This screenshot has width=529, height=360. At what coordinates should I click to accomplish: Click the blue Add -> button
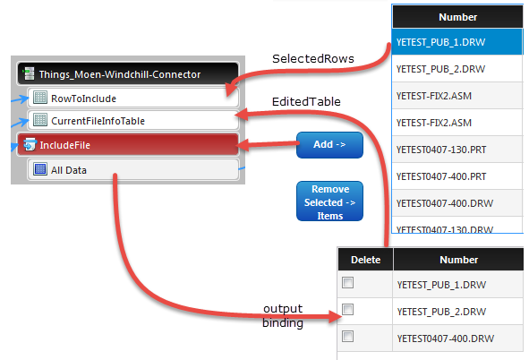pos(329,145)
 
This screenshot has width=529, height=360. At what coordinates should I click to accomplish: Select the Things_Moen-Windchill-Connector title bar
pos(128,73)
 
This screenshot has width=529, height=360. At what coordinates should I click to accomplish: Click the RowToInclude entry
pos(133,99)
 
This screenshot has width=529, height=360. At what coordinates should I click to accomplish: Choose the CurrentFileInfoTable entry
pos(133,121)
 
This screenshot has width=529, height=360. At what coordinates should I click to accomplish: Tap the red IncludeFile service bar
pos(128,145)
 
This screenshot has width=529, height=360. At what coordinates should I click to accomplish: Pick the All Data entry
pos(133,169)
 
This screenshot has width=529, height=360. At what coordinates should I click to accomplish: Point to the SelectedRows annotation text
pos(313,59)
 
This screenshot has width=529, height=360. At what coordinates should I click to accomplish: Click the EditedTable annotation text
pos(306,101)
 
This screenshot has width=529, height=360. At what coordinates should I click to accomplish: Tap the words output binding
pos(283,316)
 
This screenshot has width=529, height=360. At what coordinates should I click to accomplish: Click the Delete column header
pos(365,260)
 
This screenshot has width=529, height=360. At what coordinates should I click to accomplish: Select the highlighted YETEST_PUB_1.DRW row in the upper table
pos(457,42)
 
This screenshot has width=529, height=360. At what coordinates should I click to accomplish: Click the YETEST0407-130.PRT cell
pos(457,150)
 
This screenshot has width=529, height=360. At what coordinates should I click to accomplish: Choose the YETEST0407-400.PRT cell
pos(457,176)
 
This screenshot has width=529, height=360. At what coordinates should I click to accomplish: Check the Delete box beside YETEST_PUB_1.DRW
pos(347,282)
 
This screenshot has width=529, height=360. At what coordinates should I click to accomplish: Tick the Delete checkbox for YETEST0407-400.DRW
pos(347,337)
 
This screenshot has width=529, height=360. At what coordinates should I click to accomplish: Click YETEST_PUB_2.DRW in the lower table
pos(441,312)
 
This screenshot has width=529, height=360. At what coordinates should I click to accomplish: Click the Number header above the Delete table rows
pos(458,260)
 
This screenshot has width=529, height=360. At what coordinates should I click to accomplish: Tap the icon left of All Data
pos(40,169)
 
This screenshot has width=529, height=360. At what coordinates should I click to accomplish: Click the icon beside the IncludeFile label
pos(30,144)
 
